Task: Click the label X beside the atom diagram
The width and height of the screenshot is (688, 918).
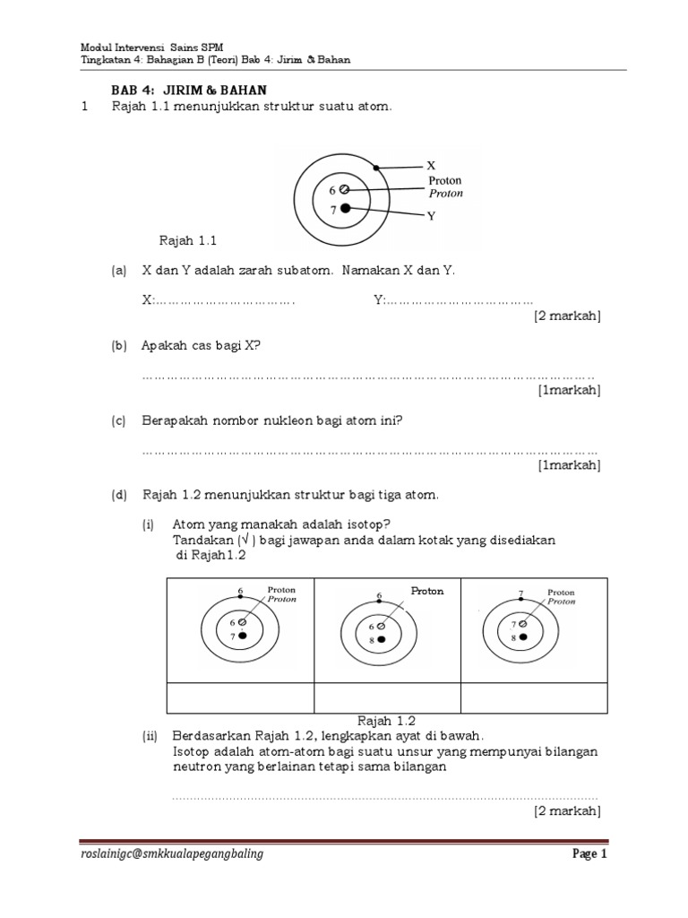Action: click(x=431, y=166)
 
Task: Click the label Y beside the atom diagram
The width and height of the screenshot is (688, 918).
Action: click(x=431, y=217)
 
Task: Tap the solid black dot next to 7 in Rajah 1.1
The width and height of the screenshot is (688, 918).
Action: click(x=345, y=209)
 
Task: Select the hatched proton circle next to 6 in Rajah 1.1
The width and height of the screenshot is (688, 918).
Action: click(x=345, y=189)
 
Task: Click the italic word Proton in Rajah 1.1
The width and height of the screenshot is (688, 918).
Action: click(x=445, y=193)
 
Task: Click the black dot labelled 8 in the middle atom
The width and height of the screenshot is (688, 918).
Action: click(x=382, y=640)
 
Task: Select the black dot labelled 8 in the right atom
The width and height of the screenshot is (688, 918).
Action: click(x=524, y=637)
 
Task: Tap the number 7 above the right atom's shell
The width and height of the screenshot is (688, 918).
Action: click(x=520, y=594)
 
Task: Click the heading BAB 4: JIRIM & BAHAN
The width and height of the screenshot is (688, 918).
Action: click(x=189, y=91)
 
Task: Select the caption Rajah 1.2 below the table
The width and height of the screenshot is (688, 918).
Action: click(x=386, y=720)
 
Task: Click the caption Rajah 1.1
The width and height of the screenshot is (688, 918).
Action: click(x=188, y=240)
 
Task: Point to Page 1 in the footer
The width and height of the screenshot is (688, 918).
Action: click(x=590, y=854)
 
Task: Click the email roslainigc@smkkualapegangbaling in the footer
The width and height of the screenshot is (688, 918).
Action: click(x=172, y=854)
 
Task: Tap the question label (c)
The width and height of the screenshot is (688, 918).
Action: click(x=118, y=420)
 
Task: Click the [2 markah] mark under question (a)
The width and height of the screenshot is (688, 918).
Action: click(x=567, y=316)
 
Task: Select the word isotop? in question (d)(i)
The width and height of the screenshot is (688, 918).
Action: click(x=366, y=524)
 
